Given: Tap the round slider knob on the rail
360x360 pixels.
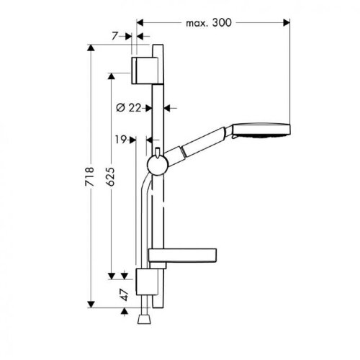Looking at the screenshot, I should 156,166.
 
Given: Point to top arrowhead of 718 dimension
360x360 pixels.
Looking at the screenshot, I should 91,56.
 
